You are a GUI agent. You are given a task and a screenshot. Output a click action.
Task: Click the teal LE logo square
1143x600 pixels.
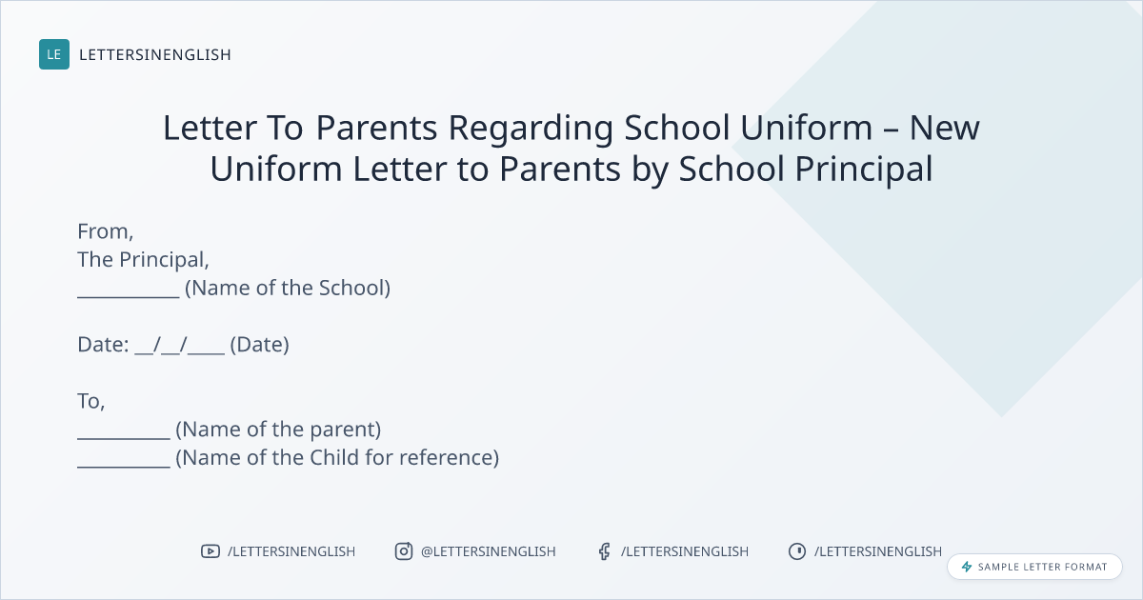[54, 54]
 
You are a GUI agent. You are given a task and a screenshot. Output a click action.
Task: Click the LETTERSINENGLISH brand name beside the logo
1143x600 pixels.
[155, 54]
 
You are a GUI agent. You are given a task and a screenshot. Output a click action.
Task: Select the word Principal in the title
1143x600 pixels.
[864, 170]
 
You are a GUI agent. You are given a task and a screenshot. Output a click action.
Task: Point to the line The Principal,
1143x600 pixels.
[144, 260]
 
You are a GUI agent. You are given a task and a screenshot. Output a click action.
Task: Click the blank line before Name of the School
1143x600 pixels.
[129, 296]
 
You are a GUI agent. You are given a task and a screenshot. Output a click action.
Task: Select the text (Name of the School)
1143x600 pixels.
[288, 289]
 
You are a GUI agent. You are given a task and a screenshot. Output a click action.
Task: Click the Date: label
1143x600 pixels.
[103, 345]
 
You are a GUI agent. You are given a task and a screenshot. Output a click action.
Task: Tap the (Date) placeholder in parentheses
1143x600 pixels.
[260, 345]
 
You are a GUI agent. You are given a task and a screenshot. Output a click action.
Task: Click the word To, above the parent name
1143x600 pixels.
[91, 402]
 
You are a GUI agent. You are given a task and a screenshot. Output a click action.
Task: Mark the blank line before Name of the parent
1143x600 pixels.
[124, 438]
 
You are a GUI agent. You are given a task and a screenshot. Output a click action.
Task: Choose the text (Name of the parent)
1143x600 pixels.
[278, 430]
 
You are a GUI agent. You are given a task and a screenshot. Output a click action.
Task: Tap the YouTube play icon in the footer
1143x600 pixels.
[211, 551]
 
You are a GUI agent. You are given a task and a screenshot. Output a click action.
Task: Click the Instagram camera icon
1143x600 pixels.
[404, 551]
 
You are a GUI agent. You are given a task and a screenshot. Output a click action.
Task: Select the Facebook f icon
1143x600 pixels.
[605, 551]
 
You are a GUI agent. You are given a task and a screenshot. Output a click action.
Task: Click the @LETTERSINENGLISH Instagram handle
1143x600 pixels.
[489, 551]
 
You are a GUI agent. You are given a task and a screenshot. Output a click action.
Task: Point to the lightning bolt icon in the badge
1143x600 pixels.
[967, 567]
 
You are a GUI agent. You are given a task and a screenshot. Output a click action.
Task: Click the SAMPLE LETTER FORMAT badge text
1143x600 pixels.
[1042, 567]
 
